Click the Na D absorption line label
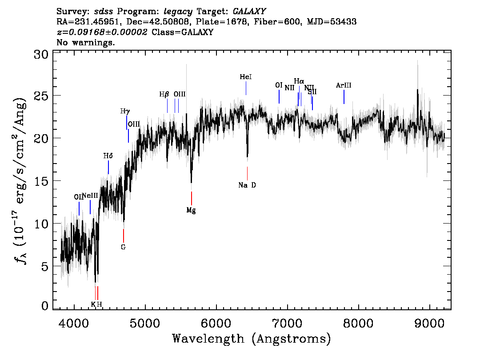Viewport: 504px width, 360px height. (x=247, y=185)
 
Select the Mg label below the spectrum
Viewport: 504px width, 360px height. (x=191, y=210)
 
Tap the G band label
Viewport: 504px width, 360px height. (x=123, y=247)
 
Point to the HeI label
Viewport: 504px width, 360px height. (x=246, y=77)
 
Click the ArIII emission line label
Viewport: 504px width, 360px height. (x=344, y=85)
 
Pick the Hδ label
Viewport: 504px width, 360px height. (x=108, y=156)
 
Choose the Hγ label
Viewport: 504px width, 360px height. (x=125, y=112)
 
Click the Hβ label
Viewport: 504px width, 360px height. (x=164, y=95)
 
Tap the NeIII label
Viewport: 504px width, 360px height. (x=90, y=196)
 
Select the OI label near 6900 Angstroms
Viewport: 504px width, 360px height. (x=279, y=85)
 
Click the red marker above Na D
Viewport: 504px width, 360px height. (x=247, y=173)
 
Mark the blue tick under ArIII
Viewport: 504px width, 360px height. (x=344, y=97)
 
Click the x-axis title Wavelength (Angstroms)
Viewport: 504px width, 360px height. (x=252, y=339)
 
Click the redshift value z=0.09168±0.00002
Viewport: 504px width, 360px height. (x=102, y=32)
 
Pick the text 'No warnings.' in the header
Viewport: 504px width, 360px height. (x=86, y=43)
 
